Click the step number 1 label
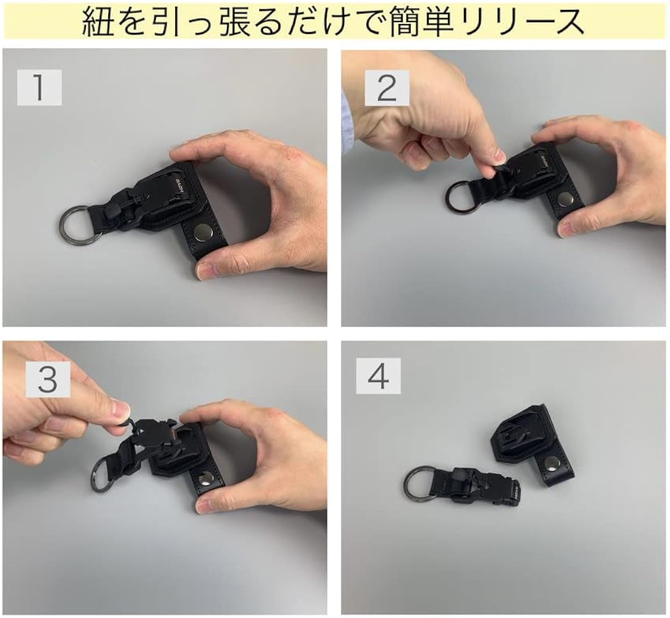point(39,88)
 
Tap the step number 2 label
point(386,88)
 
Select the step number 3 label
point(47,381)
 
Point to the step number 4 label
point(378,376)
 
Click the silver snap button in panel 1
point(202,233)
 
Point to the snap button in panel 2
point(564,199)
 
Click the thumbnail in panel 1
point(207,270)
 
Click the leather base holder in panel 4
point(532,442)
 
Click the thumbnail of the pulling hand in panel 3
point(119,410)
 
